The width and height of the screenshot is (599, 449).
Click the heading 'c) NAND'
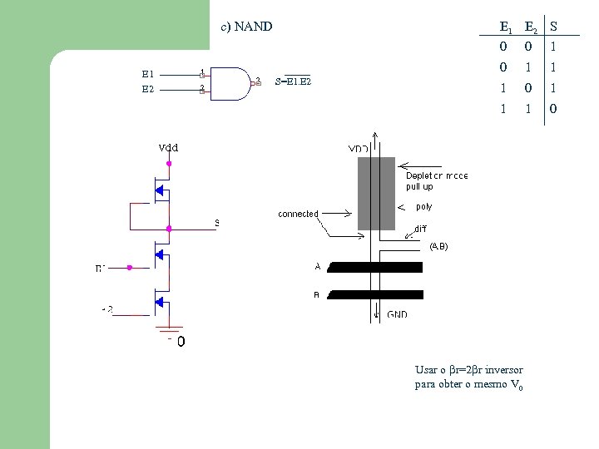tap(246, 27)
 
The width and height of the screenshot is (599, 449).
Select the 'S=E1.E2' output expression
tap(293, 81)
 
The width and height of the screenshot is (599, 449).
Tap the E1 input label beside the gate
tap(147, 74)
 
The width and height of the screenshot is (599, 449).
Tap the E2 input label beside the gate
tap(147, 88)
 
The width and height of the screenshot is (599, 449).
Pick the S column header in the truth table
tap(554, 27)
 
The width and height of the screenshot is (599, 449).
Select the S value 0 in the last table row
tap(554, 109)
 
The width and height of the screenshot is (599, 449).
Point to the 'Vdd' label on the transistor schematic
tap(168, 148)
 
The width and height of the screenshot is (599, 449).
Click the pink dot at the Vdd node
tap(169, 165)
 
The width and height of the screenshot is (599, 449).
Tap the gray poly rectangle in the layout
tap(376, 194)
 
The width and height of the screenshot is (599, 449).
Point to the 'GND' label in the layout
tap(397, 315)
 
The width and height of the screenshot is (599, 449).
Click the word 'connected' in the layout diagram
tap(298, 214)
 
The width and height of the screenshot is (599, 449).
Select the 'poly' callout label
tap(423, 206)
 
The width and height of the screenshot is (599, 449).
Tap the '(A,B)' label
tap(438, 246)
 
